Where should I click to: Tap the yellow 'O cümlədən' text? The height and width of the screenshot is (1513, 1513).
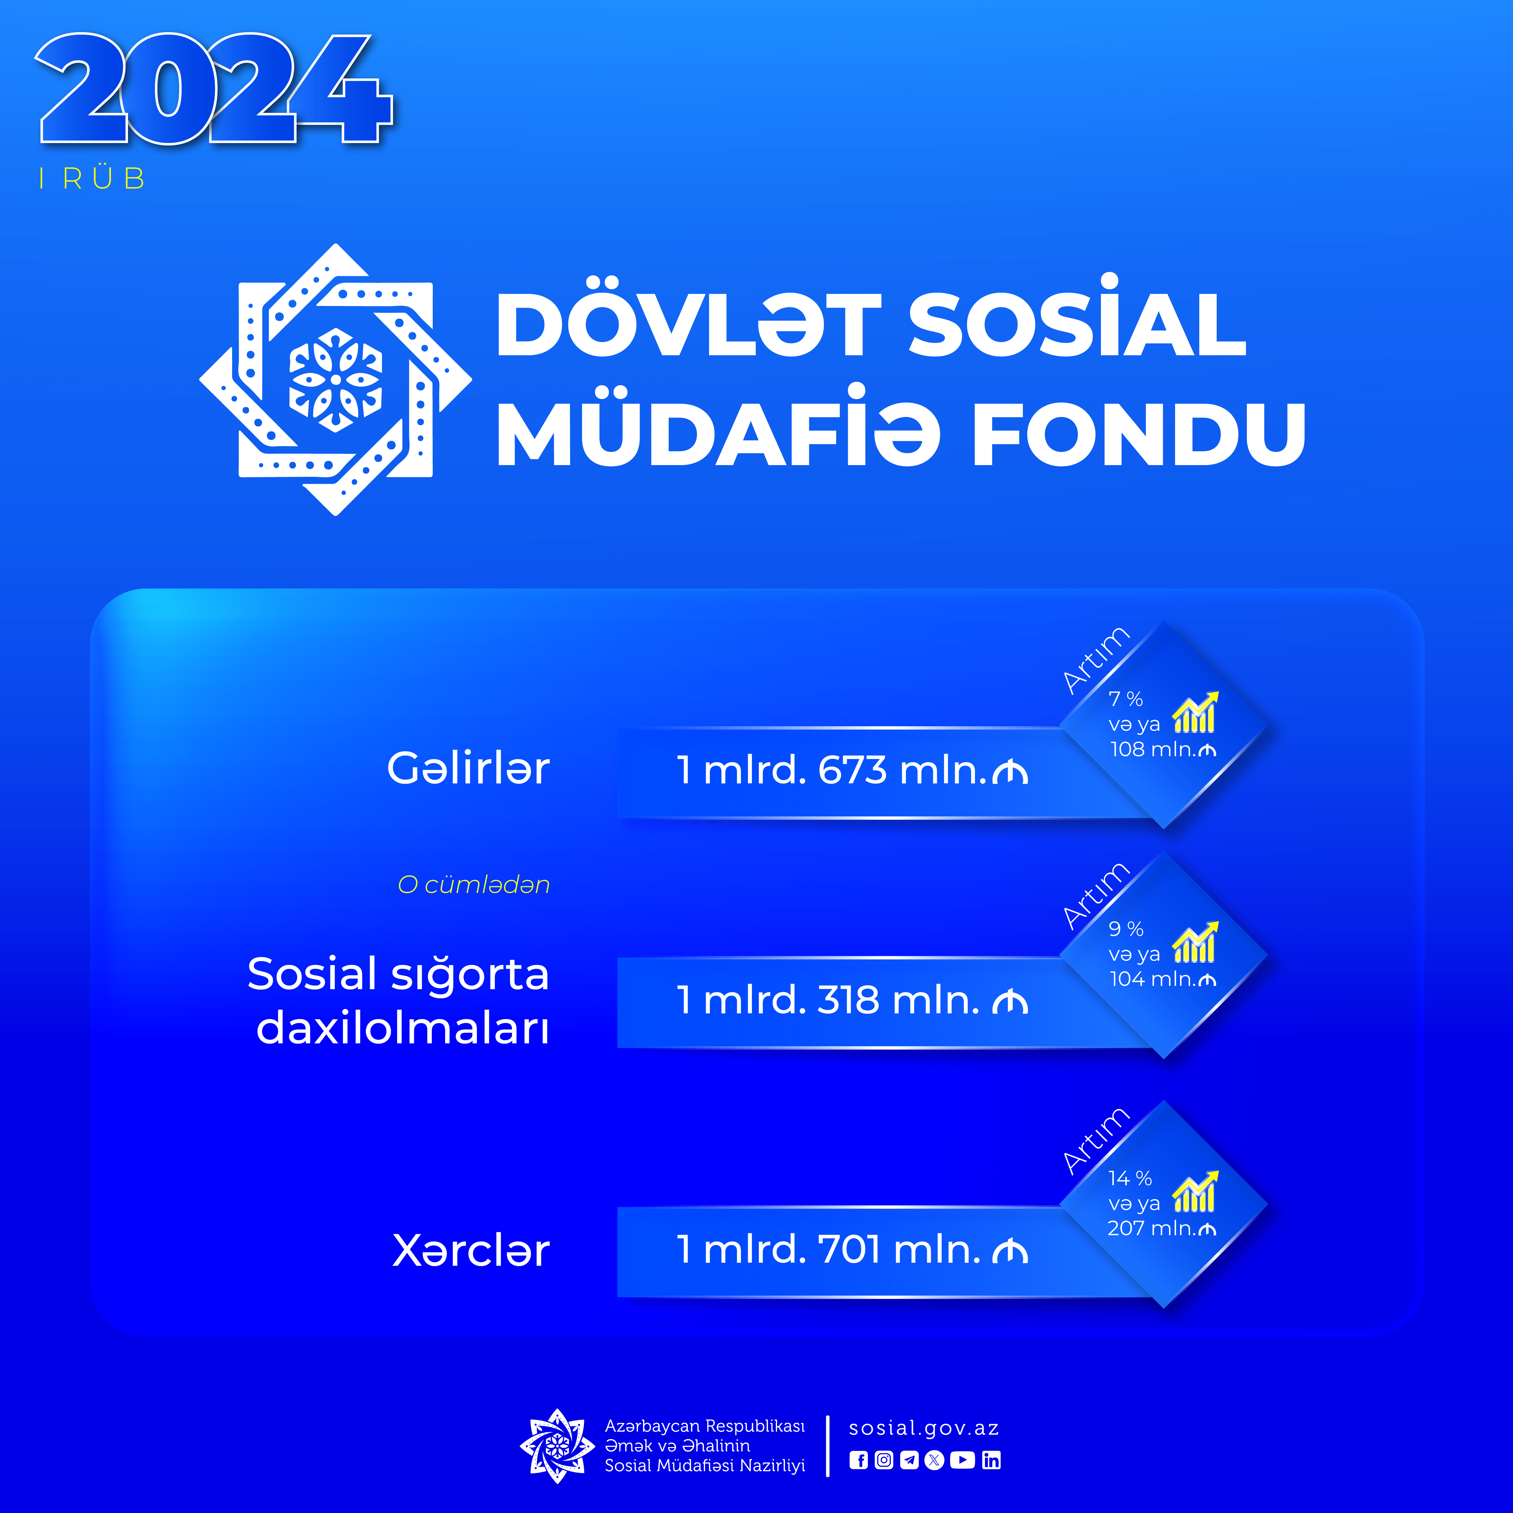pos(474,885)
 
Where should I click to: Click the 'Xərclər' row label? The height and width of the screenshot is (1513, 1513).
pos(471,1250)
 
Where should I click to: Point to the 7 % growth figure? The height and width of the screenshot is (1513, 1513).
pos(1125,698)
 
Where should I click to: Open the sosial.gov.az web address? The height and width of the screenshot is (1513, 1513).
pos(924,1428)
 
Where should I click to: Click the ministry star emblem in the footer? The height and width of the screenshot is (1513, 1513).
pos(557,1446)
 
